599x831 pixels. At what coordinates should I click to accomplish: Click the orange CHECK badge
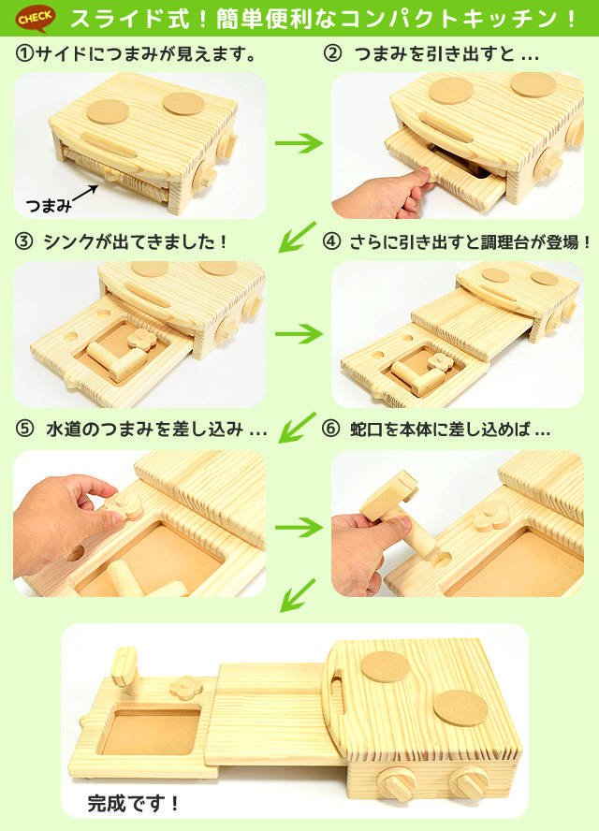click(35, 17)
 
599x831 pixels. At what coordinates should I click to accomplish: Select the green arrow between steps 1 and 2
click(298, 143)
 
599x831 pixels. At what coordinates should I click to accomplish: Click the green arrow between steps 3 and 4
click(298, 331)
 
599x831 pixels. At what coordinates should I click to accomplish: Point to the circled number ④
click(331, 241)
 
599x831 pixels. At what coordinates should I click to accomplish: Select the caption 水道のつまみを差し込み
click(155, 430)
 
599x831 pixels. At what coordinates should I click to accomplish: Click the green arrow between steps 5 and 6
click(298, 525)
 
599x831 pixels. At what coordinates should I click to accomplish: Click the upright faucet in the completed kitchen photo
click(123, 671)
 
